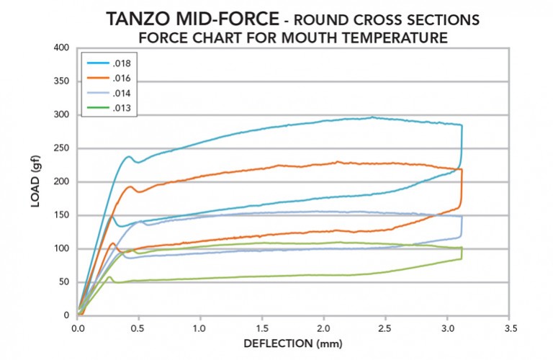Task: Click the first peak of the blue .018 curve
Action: (x=130, y=156)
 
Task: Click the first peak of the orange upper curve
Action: (x=130, y=187)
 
